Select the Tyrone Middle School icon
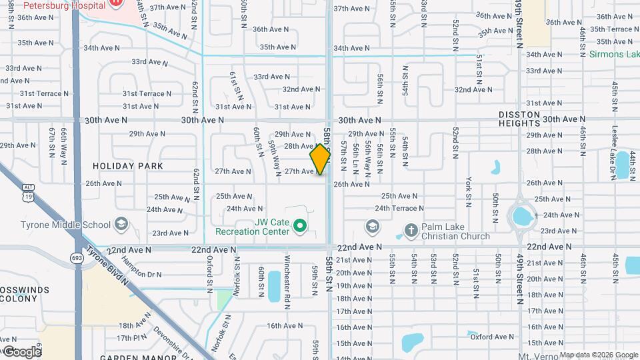(121, 223)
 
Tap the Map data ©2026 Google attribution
(599, 355)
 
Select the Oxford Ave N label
(493, 337)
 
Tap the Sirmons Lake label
(613, 55)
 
